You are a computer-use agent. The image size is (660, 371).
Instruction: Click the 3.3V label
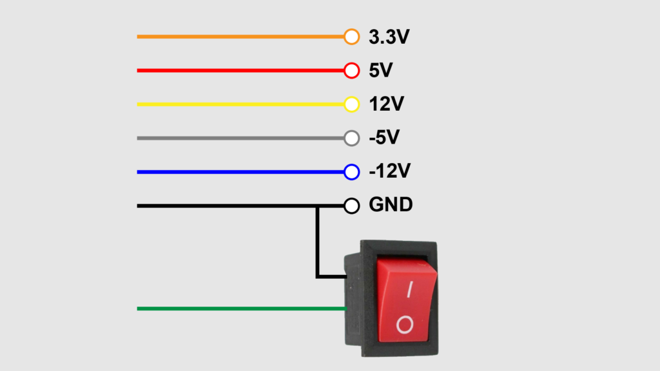coord(389,37)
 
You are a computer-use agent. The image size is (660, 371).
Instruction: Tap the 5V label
coord(380,71)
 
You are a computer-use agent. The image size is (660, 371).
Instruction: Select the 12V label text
coord(385,104)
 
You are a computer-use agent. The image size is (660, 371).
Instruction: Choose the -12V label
coord(389,172)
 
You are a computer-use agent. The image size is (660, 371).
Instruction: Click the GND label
coord(391,205)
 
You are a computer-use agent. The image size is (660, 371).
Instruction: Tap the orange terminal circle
coord(351,37)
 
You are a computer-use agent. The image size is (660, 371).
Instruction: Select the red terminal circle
coord(351,71)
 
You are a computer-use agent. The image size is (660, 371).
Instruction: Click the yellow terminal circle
coord(351,104)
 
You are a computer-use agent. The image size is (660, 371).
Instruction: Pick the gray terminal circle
coord(351,138)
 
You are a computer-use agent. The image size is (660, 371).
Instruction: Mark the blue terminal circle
coord(351,172)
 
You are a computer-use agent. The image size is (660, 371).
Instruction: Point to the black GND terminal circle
coord(351,206)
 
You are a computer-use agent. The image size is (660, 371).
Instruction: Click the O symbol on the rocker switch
coord(405,325)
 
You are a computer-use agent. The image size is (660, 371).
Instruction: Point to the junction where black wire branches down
coord(317,206)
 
